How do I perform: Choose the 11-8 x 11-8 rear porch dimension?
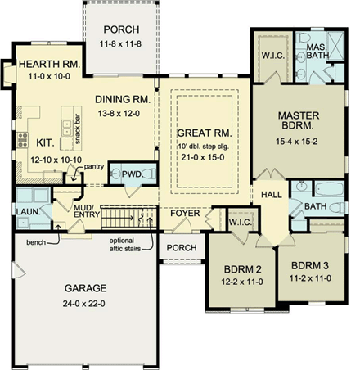[x=120, y=43]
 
